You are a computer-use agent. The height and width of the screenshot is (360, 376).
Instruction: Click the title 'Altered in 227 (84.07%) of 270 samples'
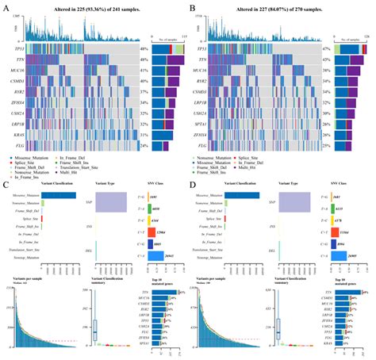coord(279,7)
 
